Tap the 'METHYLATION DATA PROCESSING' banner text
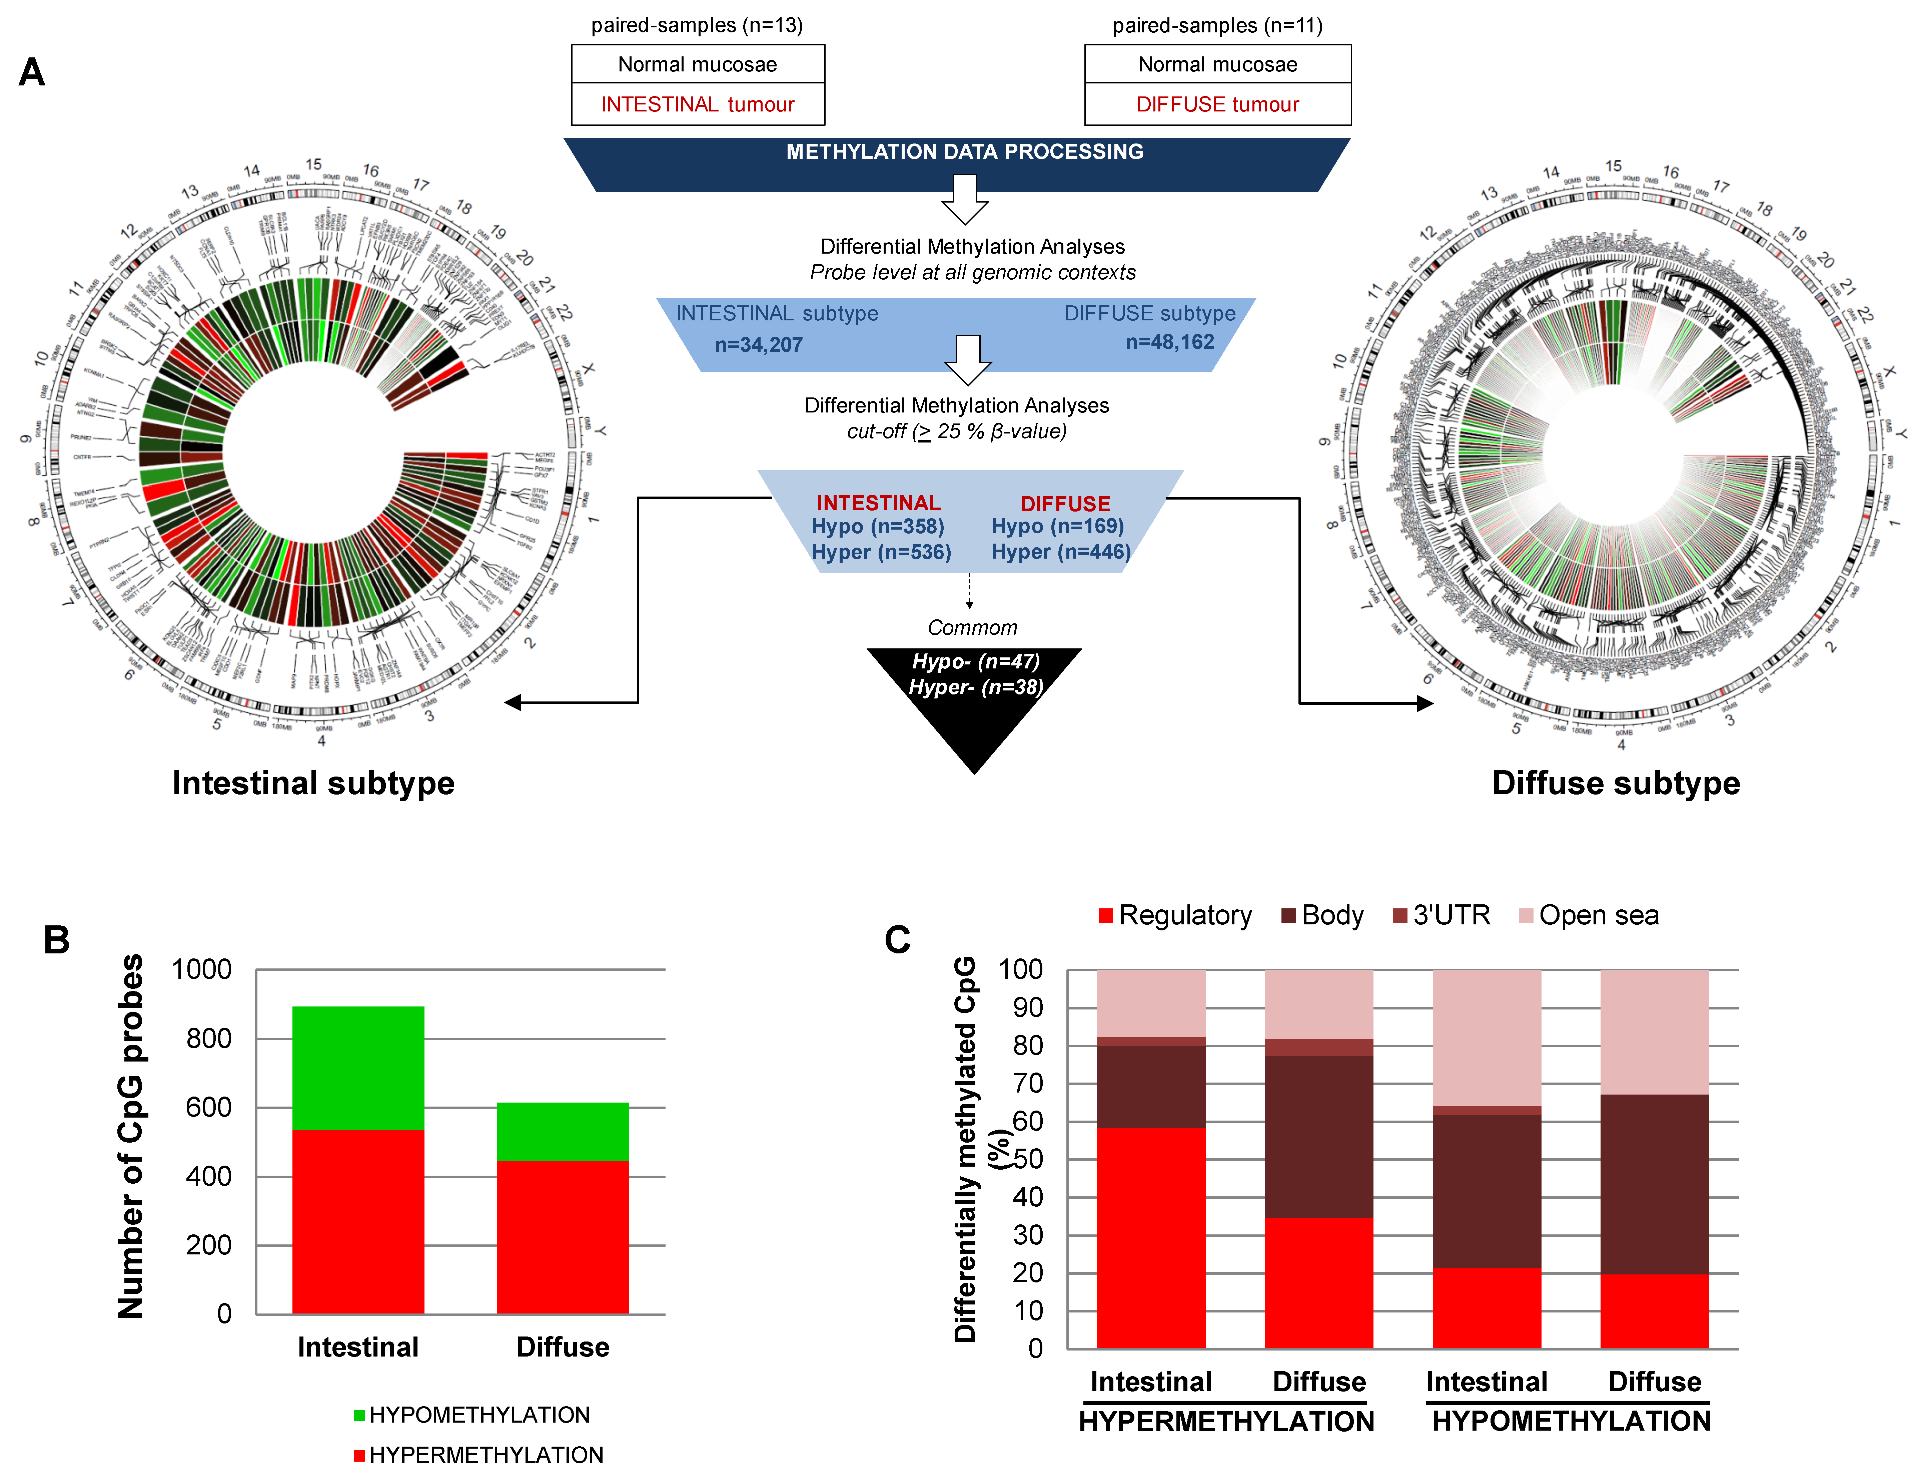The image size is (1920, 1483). [964, 152]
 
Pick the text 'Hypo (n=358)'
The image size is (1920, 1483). [877, 527]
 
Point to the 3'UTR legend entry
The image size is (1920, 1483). [1442, 916]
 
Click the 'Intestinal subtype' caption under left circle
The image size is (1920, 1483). [313, 783]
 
